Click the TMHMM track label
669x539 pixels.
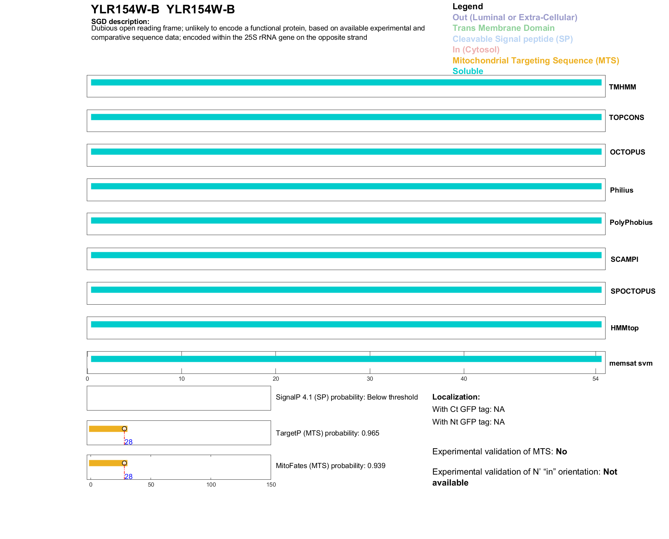[x=622, y=87]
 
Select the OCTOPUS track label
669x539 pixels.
[x=627, y=152]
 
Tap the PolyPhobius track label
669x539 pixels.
[x=631, y=222]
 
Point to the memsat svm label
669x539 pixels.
[x=631, y=363]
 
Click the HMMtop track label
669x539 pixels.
[x=624, y=328]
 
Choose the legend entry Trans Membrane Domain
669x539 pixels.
[x=503, y=28]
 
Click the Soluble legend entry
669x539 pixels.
[x=468, y=71]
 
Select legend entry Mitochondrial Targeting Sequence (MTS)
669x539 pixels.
[x=536, y=61]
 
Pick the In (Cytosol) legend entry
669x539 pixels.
[x=476, y=50]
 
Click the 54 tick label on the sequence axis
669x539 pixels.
[x=595, y=379]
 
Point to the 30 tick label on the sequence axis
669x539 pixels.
[x=370, y=379]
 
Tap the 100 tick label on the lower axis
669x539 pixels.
[x=211, y=485]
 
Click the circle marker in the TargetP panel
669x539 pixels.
[x=124, y=429]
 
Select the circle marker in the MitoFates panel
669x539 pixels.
[x=124, y=463]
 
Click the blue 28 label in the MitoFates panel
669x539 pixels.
[x=129, y=477]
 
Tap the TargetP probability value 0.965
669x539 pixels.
[x=370, y=433]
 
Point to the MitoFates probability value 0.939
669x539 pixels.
[x=376, y=466]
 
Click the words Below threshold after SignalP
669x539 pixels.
[x=392, y=397]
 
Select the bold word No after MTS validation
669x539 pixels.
[x=561, y=452]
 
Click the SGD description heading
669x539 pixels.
[x=120, y=22]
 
